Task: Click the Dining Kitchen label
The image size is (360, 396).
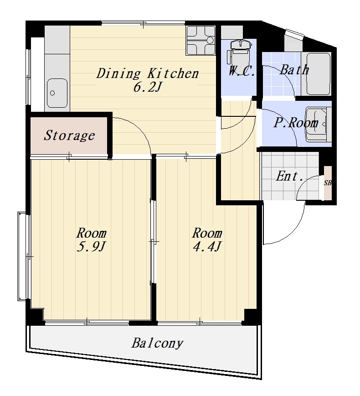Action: pyautogui.click(x=148, y=74)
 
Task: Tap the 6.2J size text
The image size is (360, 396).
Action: pyautogui.click(x=147, y=88)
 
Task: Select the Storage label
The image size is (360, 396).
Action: pyautogui.click(x=69, y=135)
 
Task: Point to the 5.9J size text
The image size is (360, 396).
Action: pyautogui.click(x=90, y=247)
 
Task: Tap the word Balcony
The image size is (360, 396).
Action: pyautogui.click(x=157, y=344)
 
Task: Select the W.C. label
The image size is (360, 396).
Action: pyautogui.click(x=242, y=71)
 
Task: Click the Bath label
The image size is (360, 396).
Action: pyautogui.click(x=294, y=69)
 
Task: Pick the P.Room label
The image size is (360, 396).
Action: pyautogui.click(x=296, y=123)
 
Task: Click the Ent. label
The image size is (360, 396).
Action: pyautogui.click(x=289, y=176)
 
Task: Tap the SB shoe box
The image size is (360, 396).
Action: pyautogui.click(x=328, y=183)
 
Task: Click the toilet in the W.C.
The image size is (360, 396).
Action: pyautogui.click(x=239, y=54)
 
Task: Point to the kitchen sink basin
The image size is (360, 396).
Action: pyautogui.click(x=57, y=93)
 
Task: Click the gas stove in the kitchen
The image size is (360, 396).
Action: pyautogui.click(x=201, y=40)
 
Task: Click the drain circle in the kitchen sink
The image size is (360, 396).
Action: pyautogui.click(x=52, y=93)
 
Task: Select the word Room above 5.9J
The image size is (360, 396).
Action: pyautogui.click(x=91, y=233)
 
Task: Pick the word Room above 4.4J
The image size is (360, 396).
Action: pyautogui.click(x=207, y=233)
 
